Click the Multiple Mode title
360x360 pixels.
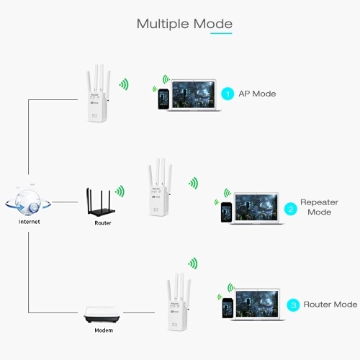pyautogui.click(x=184, y=24)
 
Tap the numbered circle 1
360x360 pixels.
pyautogui.click(x=228, y=94)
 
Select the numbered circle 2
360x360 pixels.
pyautogui.click(x=291, y=209)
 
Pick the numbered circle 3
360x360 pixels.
pyautogui.click(x=293, y=305)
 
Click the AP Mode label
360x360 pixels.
pyautogui.click(x=257, y=94)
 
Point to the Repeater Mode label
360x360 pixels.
pyautogui.click(x=319, y=207)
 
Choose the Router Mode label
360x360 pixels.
pyautogui.click(x=330, y=305)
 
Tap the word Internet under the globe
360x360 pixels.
pyautogui.click(x=30, y=222)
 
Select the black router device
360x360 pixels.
pyautogui.click(x=101, y=202)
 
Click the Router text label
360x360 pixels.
pyautogui.click(x=103, y=223)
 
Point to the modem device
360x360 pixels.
pyautogui.click(x=102, y=315)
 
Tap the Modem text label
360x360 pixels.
pyautogui.click(x=104, y=330)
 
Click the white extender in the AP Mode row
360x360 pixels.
pyautogui.click(x=98, y=93)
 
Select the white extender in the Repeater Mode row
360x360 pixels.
pyautogui.click(x=160, y=187)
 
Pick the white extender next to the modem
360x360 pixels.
pyautogui.click(x=179, y=302)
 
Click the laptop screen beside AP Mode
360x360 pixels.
pyautogui.click(x=194, y=94)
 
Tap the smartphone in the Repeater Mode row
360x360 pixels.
pyautogui.click(x=226, y=212)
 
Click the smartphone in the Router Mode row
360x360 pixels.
pyautogui.click(x=228, y=308)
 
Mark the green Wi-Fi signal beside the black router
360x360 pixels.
pyautogui.click(x=120, y=192)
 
